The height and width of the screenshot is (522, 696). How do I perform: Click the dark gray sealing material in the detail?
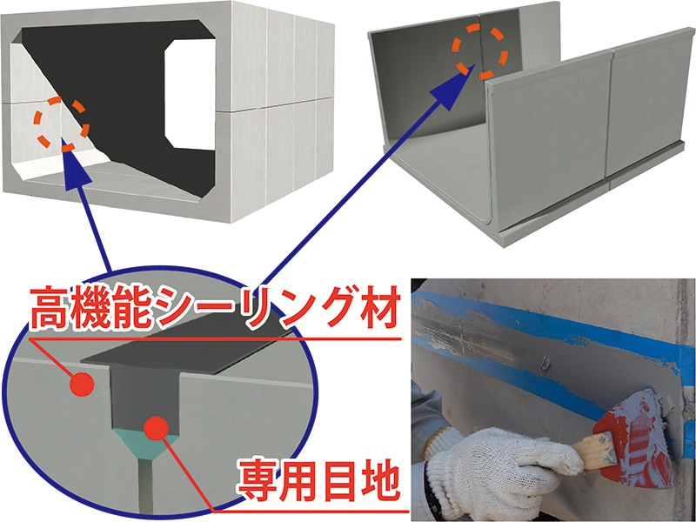click(144, 383)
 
